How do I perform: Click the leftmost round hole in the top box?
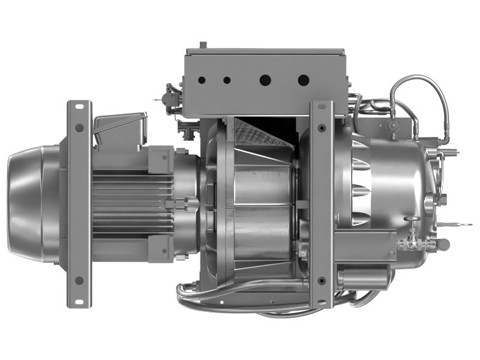click(x=202, y=79)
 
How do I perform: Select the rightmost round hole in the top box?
click(x=304, y=79)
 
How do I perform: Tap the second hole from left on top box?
click(x=227, y=80)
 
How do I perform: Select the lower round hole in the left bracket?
click(x=79, y=280)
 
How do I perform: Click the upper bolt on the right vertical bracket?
click(x=322, y=128)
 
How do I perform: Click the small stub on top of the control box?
click(x=203, y=45)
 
